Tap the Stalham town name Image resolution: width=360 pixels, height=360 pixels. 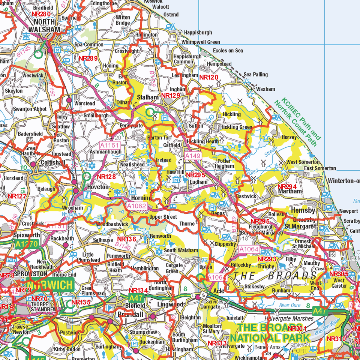[148, 97]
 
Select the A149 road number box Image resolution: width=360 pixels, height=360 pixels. [193, 155]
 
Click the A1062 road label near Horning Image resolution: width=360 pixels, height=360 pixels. [136, 206]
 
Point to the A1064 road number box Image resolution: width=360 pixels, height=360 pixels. [249, 249]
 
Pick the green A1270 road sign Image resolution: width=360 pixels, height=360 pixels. [27, 244]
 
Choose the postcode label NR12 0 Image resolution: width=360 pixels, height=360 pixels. [208, 77]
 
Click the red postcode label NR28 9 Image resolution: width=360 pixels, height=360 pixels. [88, 58]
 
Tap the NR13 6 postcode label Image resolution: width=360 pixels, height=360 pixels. [126, 239]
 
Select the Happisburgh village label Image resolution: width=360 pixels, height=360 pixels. [198, 33]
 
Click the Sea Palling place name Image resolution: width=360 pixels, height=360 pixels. [256, 74]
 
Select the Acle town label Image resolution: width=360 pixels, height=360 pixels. [218, 291]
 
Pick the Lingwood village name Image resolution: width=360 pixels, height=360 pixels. [170, 304]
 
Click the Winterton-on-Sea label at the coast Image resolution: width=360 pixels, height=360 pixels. [343, 181]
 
